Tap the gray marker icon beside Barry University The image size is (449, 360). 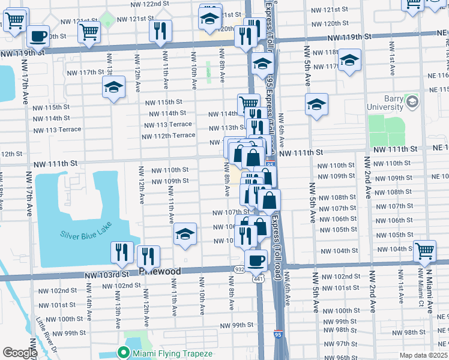[412, 102]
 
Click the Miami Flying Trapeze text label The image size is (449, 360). [173, 353]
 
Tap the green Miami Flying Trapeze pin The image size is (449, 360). [124, 353]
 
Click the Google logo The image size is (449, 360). [20, 353]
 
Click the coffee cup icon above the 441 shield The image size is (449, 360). [256, 260]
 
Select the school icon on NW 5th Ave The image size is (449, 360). [316, 104]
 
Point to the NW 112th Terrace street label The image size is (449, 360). [169, 135]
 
